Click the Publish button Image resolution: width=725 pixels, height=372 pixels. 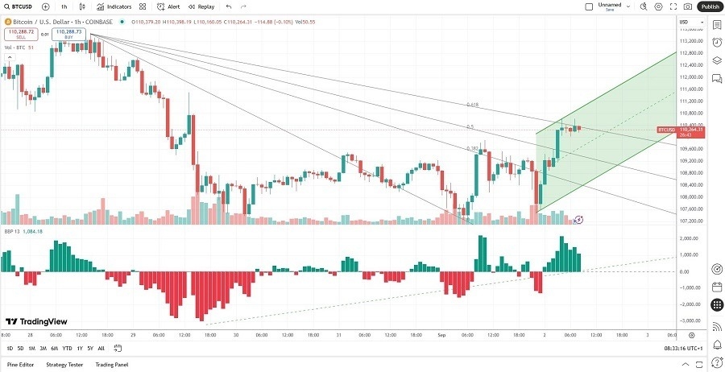[x=709, y=6]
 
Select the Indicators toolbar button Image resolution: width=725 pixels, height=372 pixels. [x=114, y=6]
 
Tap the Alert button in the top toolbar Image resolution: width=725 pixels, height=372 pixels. [x=168, y=6]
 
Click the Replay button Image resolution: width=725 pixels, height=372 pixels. [x=201, y=6]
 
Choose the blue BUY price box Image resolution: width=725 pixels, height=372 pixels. [x=69, y=35]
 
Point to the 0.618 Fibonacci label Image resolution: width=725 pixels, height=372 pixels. [x=472, y=105]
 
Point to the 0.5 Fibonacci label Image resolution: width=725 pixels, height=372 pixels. [x=470, y=127]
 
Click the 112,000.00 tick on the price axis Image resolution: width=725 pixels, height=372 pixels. [x=692, y=77]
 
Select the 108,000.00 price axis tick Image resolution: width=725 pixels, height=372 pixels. [x=692, y=197]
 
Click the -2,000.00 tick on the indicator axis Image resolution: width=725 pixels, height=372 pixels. [x=690, y=304]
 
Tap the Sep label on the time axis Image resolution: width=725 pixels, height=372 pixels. [x=441, y=335]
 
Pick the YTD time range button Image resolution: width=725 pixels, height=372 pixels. [x=67, y=349]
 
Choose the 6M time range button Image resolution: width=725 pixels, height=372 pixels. [x=54, y=349]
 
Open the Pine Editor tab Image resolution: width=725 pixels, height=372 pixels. [x=21, y=365]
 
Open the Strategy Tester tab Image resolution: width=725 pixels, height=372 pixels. [x=64, y=365]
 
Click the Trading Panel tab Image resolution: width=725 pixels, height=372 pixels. [x=111, y=365]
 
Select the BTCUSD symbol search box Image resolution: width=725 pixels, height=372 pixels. [x=18, y=6]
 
